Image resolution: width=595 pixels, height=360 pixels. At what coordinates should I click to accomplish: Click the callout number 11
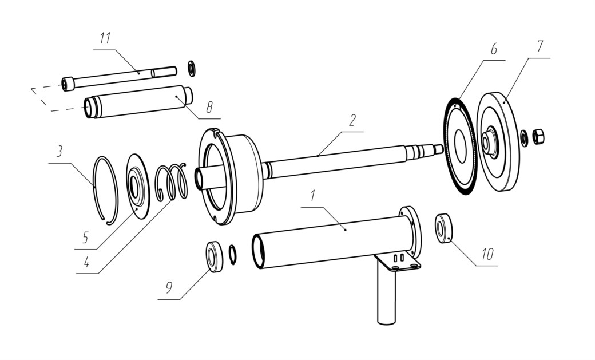[x=105, y=38]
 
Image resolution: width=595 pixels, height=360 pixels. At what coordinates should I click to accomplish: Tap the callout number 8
[x=209, y=108]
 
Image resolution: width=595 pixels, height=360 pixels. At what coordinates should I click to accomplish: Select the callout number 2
[x=352, y=120]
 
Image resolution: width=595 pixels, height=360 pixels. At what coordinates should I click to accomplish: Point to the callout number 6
[x=494, y=49]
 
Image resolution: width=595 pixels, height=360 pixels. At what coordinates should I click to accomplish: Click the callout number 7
[x=540, y=46]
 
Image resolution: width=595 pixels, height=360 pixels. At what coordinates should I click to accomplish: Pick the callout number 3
[x=59, y=152]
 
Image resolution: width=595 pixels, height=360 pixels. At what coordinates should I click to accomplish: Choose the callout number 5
[x=85, y=238]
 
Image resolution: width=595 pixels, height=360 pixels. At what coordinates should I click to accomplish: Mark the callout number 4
[x=86, y=262]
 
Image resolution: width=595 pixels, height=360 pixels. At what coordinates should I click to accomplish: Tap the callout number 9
[x=169, y=287]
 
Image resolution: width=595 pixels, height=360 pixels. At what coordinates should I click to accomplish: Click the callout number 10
[x=487, y=254]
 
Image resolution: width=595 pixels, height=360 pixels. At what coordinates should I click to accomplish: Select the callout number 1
[x=313, y=196]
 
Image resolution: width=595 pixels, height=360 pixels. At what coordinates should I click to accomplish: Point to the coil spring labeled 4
[x=172, y=182]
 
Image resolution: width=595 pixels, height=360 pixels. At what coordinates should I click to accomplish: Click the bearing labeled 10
[x=443, y=228]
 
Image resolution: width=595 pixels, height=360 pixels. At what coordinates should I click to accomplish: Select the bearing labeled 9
[x=215, y=257]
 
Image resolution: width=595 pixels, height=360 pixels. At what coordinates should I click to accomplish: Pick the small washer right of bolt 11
[x=192, y=68]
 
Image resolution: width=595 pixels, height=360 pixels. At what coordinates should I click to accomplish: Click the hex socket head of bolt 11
[x=68, y=84]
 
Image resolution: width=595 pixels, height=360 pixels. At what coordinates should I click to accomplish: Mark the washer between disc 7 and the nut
[x=524, y=139]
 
